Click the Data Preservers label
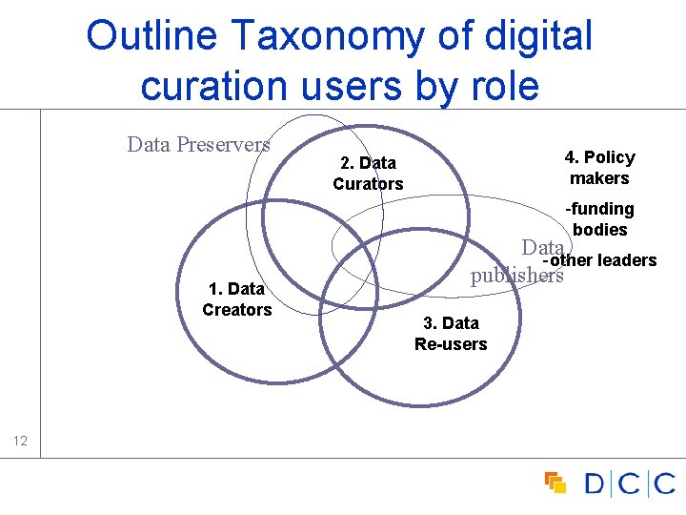tap(198, 145)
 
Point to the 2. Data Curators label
tap(368, 174)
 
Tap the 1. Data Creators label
tap(237, 299)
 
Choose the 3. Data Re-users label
tap(451, 334)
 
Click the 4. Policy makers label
tap(599, 168)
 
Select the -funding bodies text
tap(600, 219)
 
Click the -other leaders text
tap(599, 260)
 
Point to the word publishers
tap(516, 276)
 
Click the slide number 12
tap(22, 441)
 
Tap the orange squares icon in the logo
tap(555, 483)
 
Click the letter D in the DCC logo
tap(595, 484)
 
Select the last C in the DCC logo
tap(664, 484)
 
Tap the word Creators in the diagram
tap(237, 310)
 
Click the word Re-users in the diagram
tap(451, 344)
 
